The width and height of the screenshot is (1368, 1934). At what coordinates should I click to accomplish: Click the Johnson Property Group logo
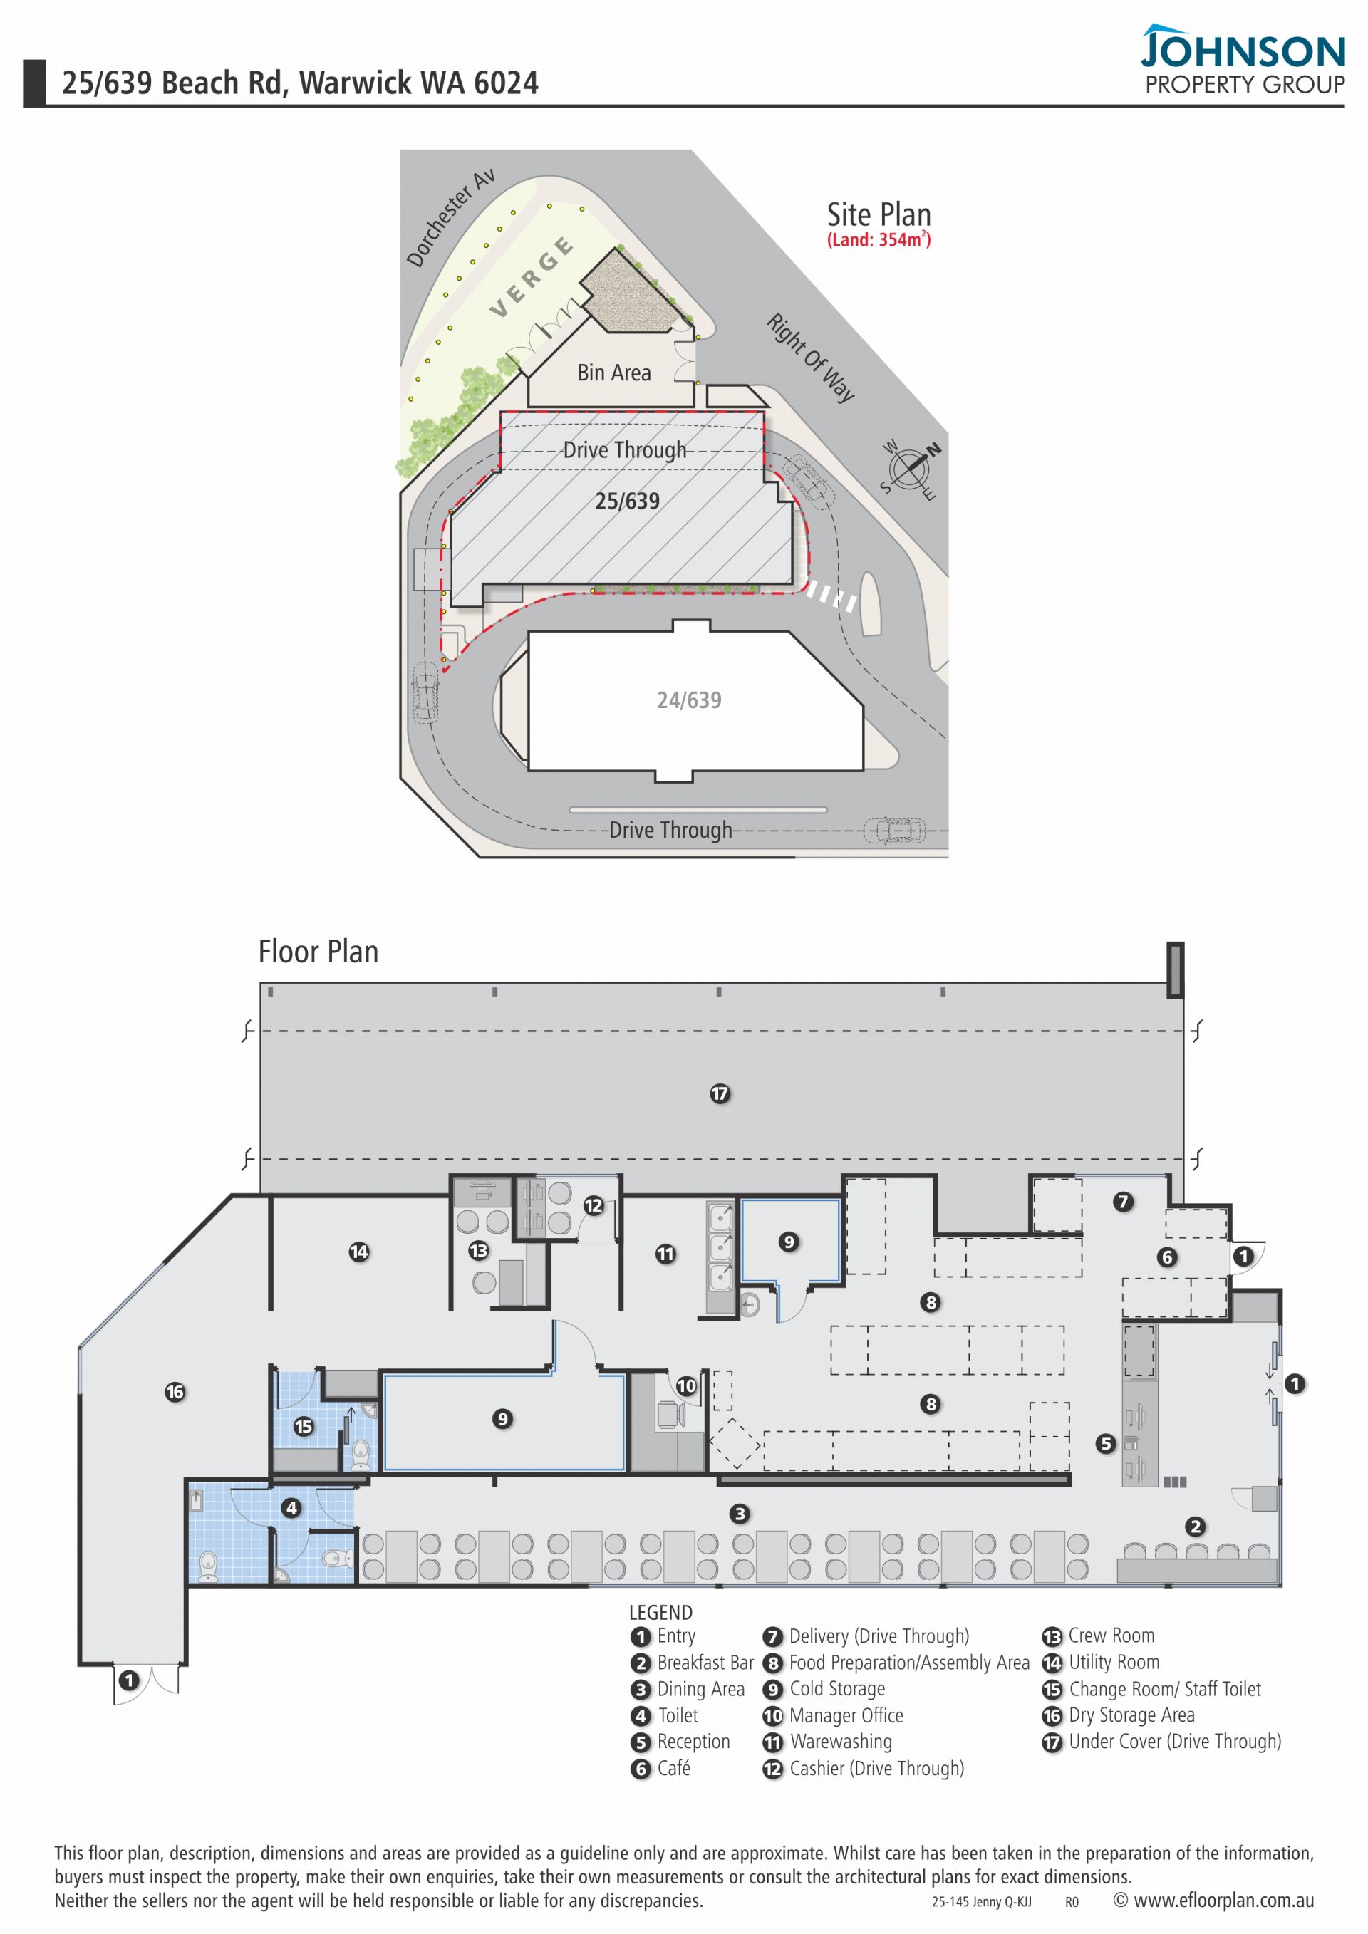click(x=1243, y=59)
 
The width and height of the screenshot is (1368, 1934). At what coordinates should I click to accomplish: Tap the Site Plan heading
click(x=879, y=214)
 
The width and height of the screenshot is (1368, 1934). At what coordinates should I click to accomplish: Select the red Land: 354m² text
click(x=879, y=239)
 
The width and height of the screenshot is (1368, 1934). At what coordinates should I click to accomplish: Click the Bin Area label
click(x=614, y=373)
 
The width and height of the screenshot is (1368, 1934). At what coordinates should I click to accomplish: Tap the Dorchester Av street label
click(x=450, y=218)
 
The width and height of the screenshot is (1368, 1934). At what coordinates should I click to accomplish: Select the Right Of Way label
click(x=810, y=357)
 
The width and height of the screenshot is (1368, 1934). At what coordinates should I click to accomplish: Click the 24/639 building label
click(x=689, y=700)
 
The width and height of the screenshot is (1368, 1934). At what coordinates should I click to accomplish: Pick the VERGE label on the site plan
click(x=532, y=277)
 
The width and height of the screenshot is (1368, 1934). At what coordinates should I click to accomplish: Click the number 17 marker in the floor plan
click(x=720, y=1093)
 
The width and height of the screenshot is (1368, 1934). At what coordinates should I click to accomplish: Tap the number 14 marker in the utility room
click(x=359, y=1252)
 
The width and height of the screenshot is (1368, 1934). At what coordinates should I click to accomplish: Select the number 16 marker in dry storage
click(x=175, y=1393)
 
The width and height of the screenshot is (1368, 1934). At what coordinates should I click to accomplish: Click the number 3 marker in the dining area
click(x=740, y=1514)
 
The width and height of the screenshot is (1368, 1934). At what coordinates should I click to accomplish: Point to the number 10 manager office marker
click(x=687, y=1385)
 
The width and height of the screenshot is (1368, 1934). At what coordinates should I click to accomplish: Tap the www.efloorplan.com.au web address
click(x=1214, y=1901)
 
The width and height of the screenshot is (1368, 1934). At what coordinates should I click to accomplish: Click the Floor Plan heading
click(x=318, y=951)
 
